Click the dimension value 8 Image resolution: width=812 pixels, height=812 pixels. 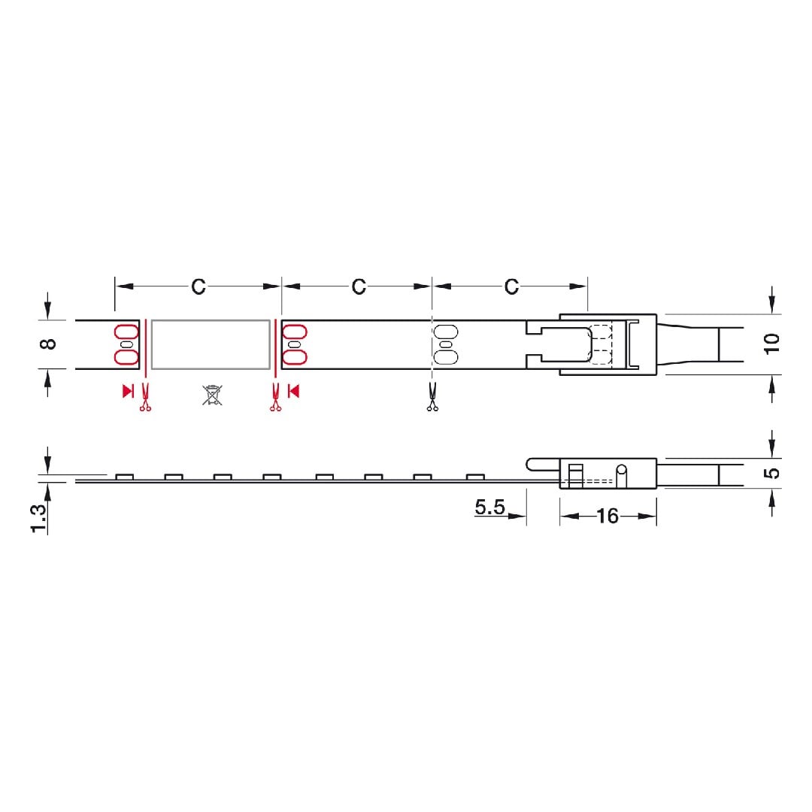click(49, 344)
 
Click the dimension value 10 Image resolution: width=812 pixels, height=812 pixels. click(771, 344)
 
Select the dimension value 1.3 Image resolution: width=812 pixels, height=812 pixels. click(38, 518)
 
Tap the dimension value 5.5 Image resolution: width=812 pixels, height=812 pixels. click(490, 507)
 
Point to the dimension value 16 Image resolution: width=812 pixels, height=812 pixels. click(607, 516)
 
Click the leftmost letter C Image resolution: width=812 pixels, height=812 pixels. click(198, 286)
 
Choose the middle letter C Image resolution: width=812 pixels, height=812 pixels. click(359, 286)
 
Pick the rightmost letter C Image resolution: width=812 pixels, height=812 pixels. click(511, 286)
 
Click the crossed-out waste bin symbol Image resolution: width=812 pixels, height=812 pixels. click(212, 395)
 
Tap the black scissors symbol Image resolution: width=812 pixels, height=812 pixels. click(432, 397)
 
